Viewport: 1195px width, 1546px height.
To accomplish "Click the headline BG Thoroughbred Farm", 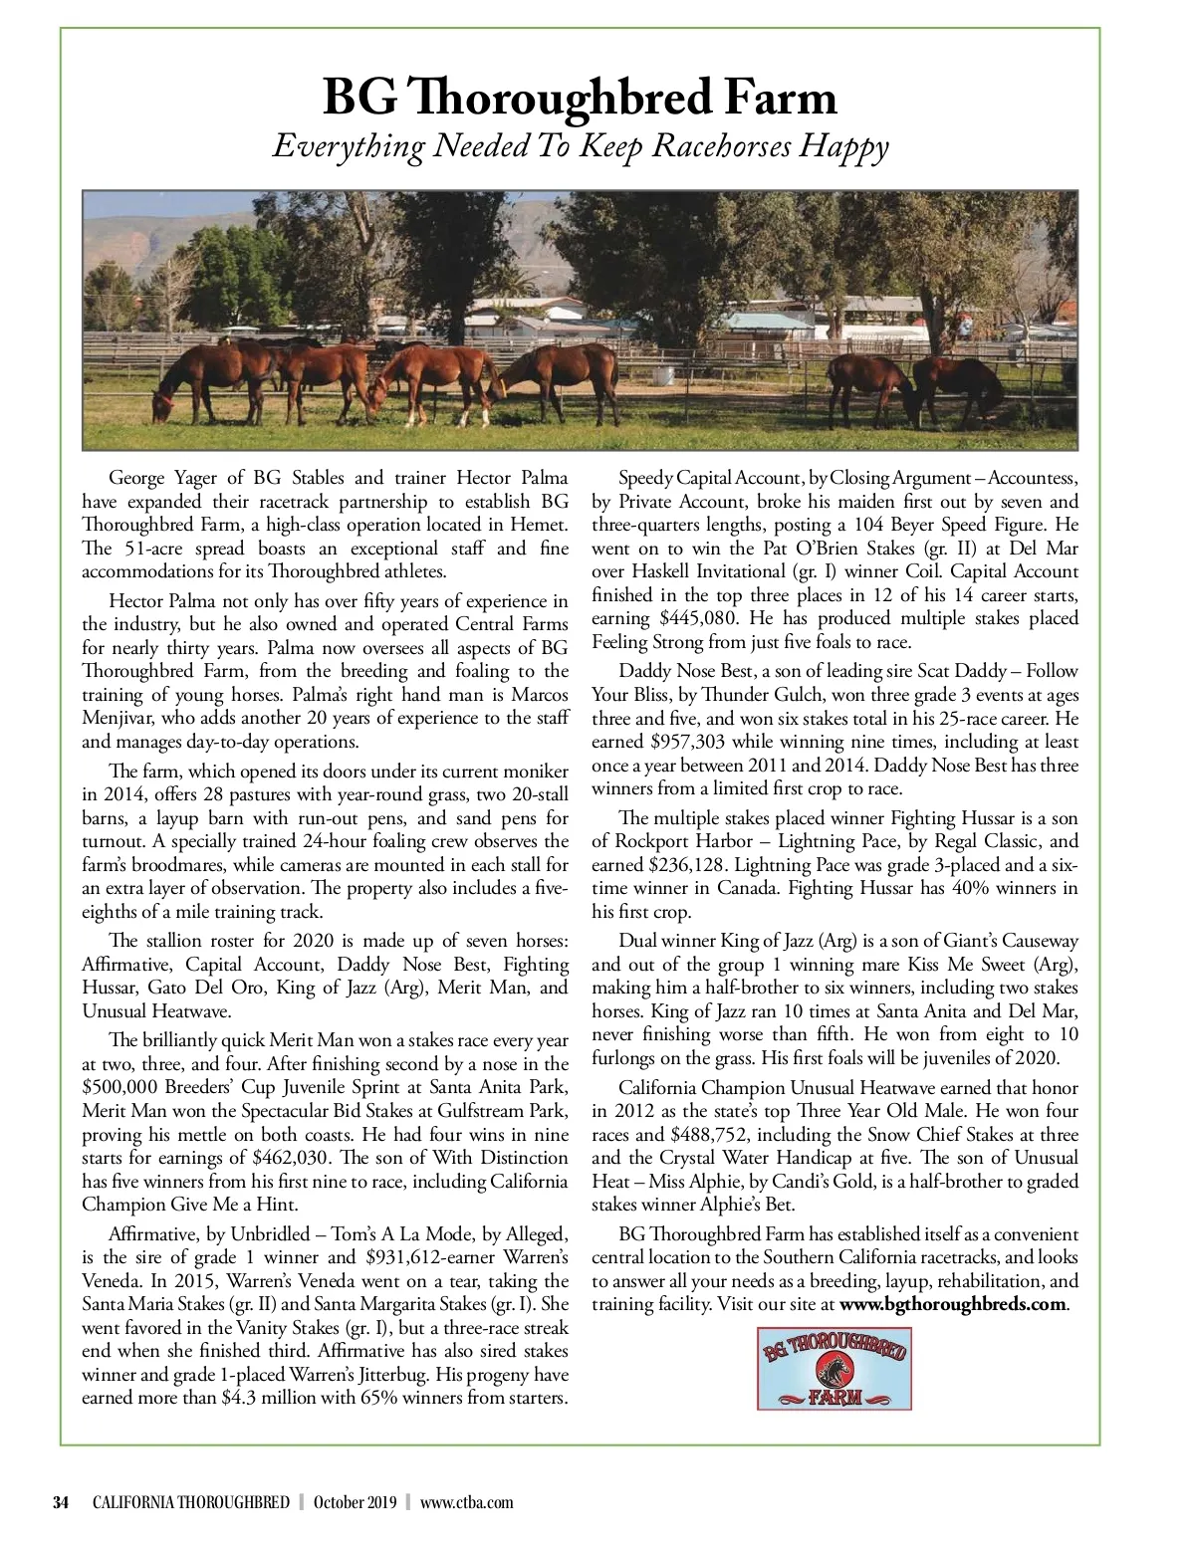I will click(580, 99).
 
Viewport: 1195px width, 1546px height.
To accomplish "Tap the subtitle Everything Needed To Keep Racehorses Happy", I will click(580, 146).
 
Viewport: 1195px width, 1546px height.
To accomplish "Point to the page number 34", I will click(61, 1502).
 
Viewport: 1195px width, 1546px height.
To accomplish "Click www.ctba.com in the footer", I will click(467, 1502).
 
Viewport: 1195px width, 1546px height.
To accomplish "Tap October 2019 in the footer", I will click(356, 1502).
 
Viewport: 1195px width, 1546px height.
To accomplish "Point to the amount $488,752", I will click(713, 1134).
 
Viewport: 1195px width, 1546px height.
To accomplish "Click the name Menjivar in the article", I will click(121, 718).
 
